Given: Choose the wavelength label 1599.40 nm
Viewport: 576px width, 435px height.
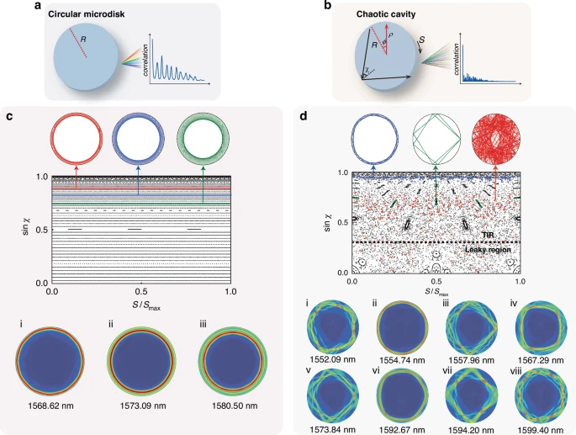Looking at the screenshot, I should (x=539, y=429).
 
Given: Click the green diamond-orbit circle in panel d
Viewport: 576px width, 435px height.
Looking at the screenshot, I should (x=435, y=139).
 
